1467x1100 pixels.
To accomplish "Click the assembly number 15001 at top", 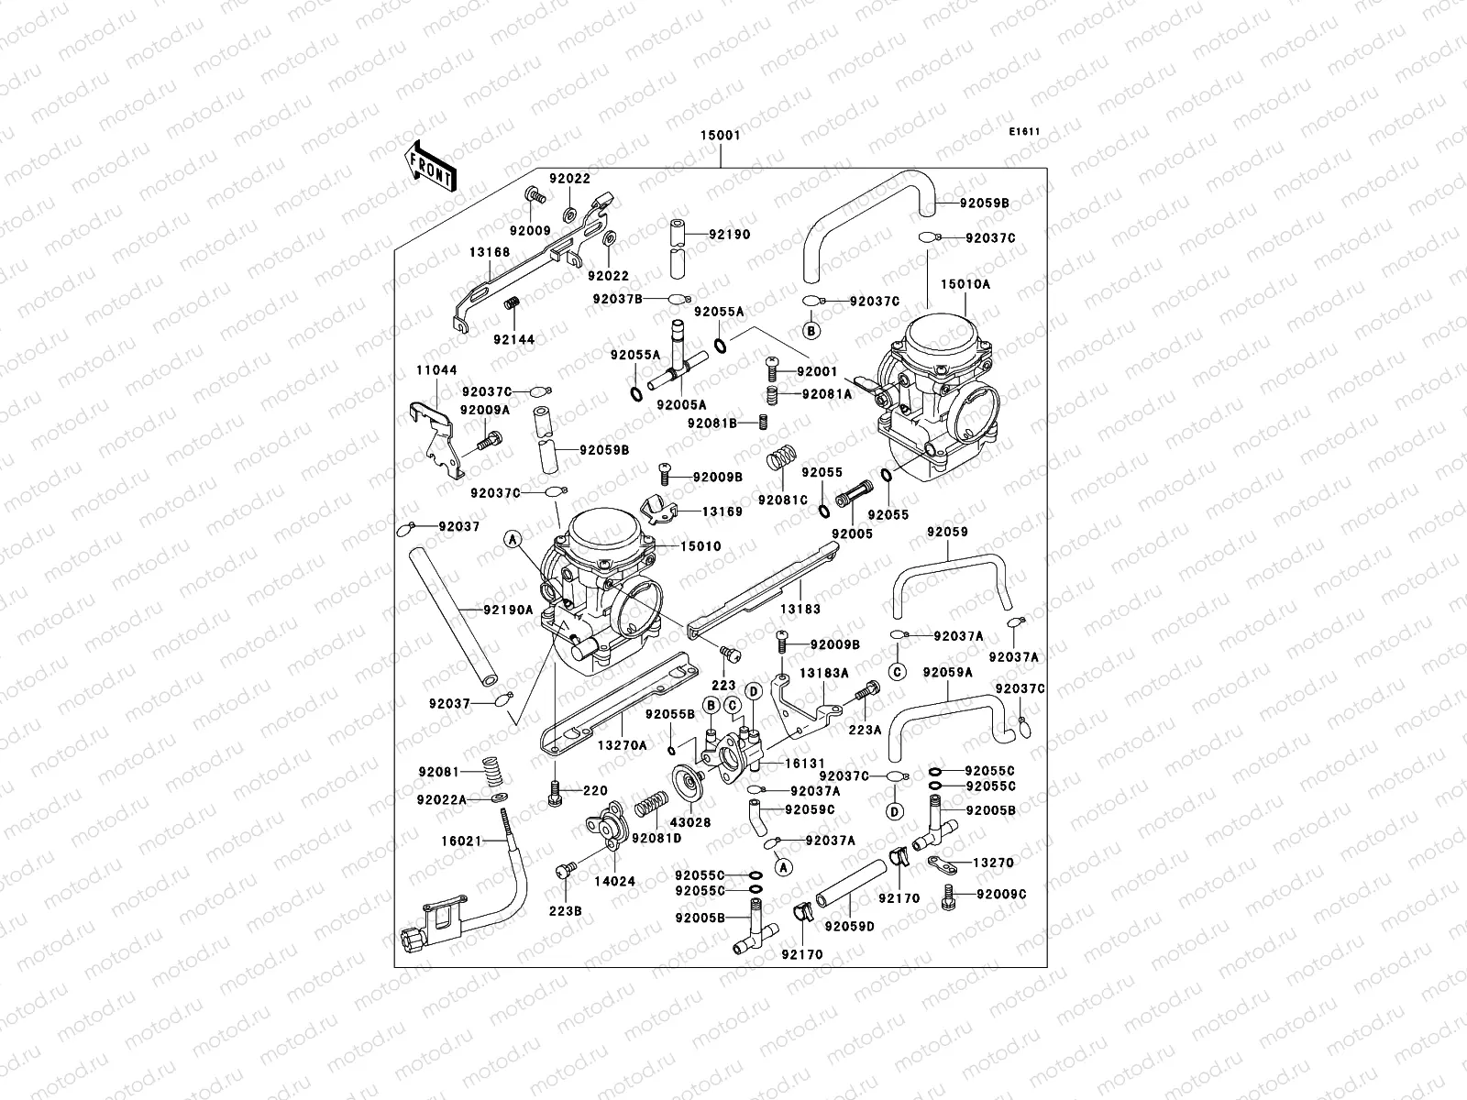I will click(721, 135).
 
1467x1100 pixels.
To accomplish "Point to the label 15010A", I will click(969, 284).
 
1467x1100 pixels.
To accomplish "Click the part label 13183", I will click(800, 609).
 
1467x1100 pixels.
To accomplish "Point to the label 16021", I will click(460, 839).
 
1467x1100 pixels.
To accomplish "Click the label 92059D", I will click(849, 926).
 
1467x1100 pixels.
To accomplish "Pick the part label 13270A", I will click(623, 746).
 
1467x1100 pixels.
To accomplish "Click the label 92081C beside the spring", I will click(782, 500).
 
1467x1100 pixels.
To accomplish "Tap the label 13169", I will click(722, 511).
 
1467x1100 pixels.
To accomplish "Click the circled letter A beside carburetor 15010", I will click(512, 540).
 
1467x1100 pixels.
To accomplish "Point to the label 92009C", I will click(1000, 894).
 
